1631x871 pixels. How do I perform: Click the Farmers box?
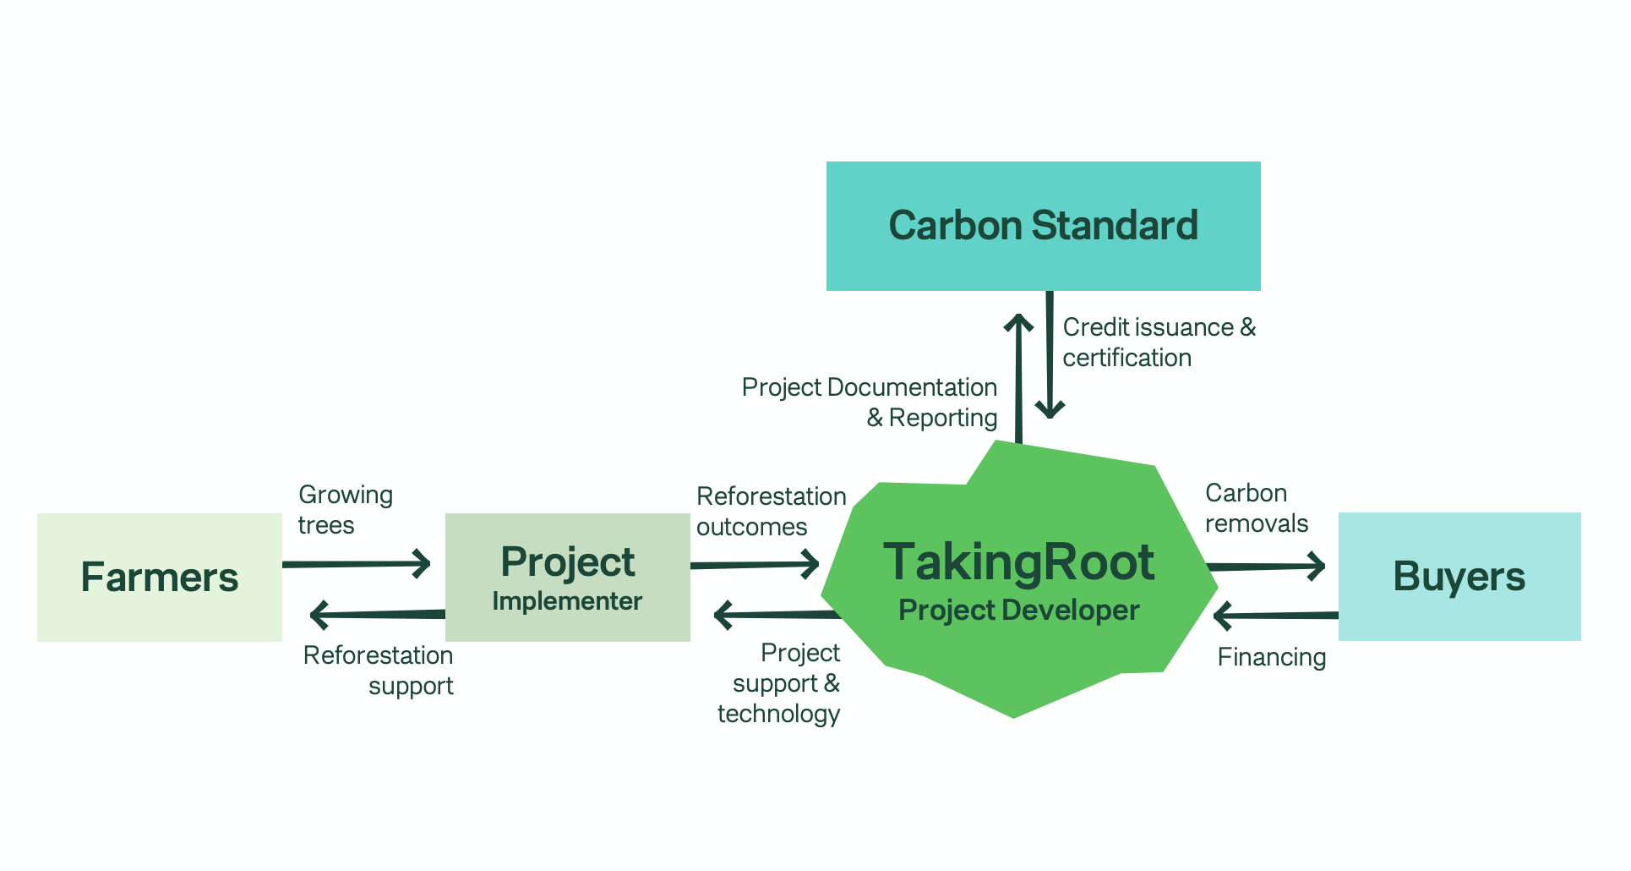159,577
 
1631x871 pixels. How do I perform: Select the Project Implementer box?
567,577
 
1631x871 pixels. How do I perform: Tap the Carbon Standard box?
1043,226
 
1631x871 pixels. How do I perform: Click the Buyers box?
1459,577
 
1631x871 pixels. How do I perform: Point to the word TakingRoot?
1018,562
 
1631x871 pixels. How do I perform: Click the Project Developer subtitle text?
1018,611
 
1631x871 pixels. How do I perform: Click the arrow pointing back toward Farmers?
376,615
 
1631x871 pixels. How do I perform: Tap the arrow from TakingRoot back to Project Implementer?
777,615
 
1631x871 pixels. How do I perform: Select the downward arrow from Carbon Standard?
1050,355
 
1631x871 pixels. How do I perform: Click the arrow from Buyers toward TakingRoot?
1276,616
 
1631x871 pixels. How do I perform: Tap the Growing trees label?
345,510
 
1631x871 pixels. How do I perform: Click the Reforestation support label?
379,671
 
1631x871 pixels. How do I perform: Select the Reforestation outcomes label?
770,512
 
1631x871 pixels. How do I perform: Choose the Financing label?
1271,658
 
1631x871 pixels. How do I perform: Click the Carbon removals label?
1256,508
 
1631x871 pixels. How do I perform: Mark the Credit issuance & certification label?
1158,342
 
